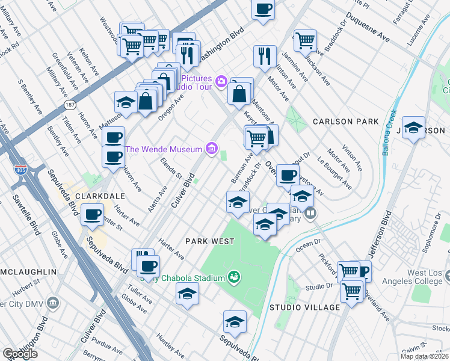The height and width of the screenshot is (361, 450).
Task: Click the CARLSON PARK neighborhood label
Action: point(345,122)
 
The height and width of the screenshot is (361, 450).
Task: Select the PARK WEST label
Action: point(209,241)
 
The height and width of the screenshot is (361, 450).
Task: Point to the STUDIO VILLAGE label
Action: point(304,307)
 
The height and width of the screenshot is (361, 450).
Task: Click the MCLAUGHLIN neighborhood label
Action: point(28,272)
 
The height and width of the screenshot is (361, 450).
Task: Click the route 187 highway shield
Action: point(70,104)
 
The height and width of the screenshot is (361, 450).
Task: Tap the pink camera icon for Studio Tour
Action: point(221,81)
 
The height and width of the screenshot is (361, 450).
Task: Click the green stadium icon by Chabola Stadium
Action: point(233,277)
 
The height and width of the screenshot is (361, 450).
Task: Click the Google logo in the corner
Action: point(20,354)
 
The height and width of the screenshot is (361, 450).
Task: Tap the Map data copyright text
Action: point(425,357)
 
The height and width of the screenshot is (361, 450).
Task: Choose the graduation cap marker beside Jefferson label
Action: point(413,128)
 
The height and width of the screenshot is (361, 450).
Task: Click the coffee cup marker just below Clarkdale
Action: point(92,215)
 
